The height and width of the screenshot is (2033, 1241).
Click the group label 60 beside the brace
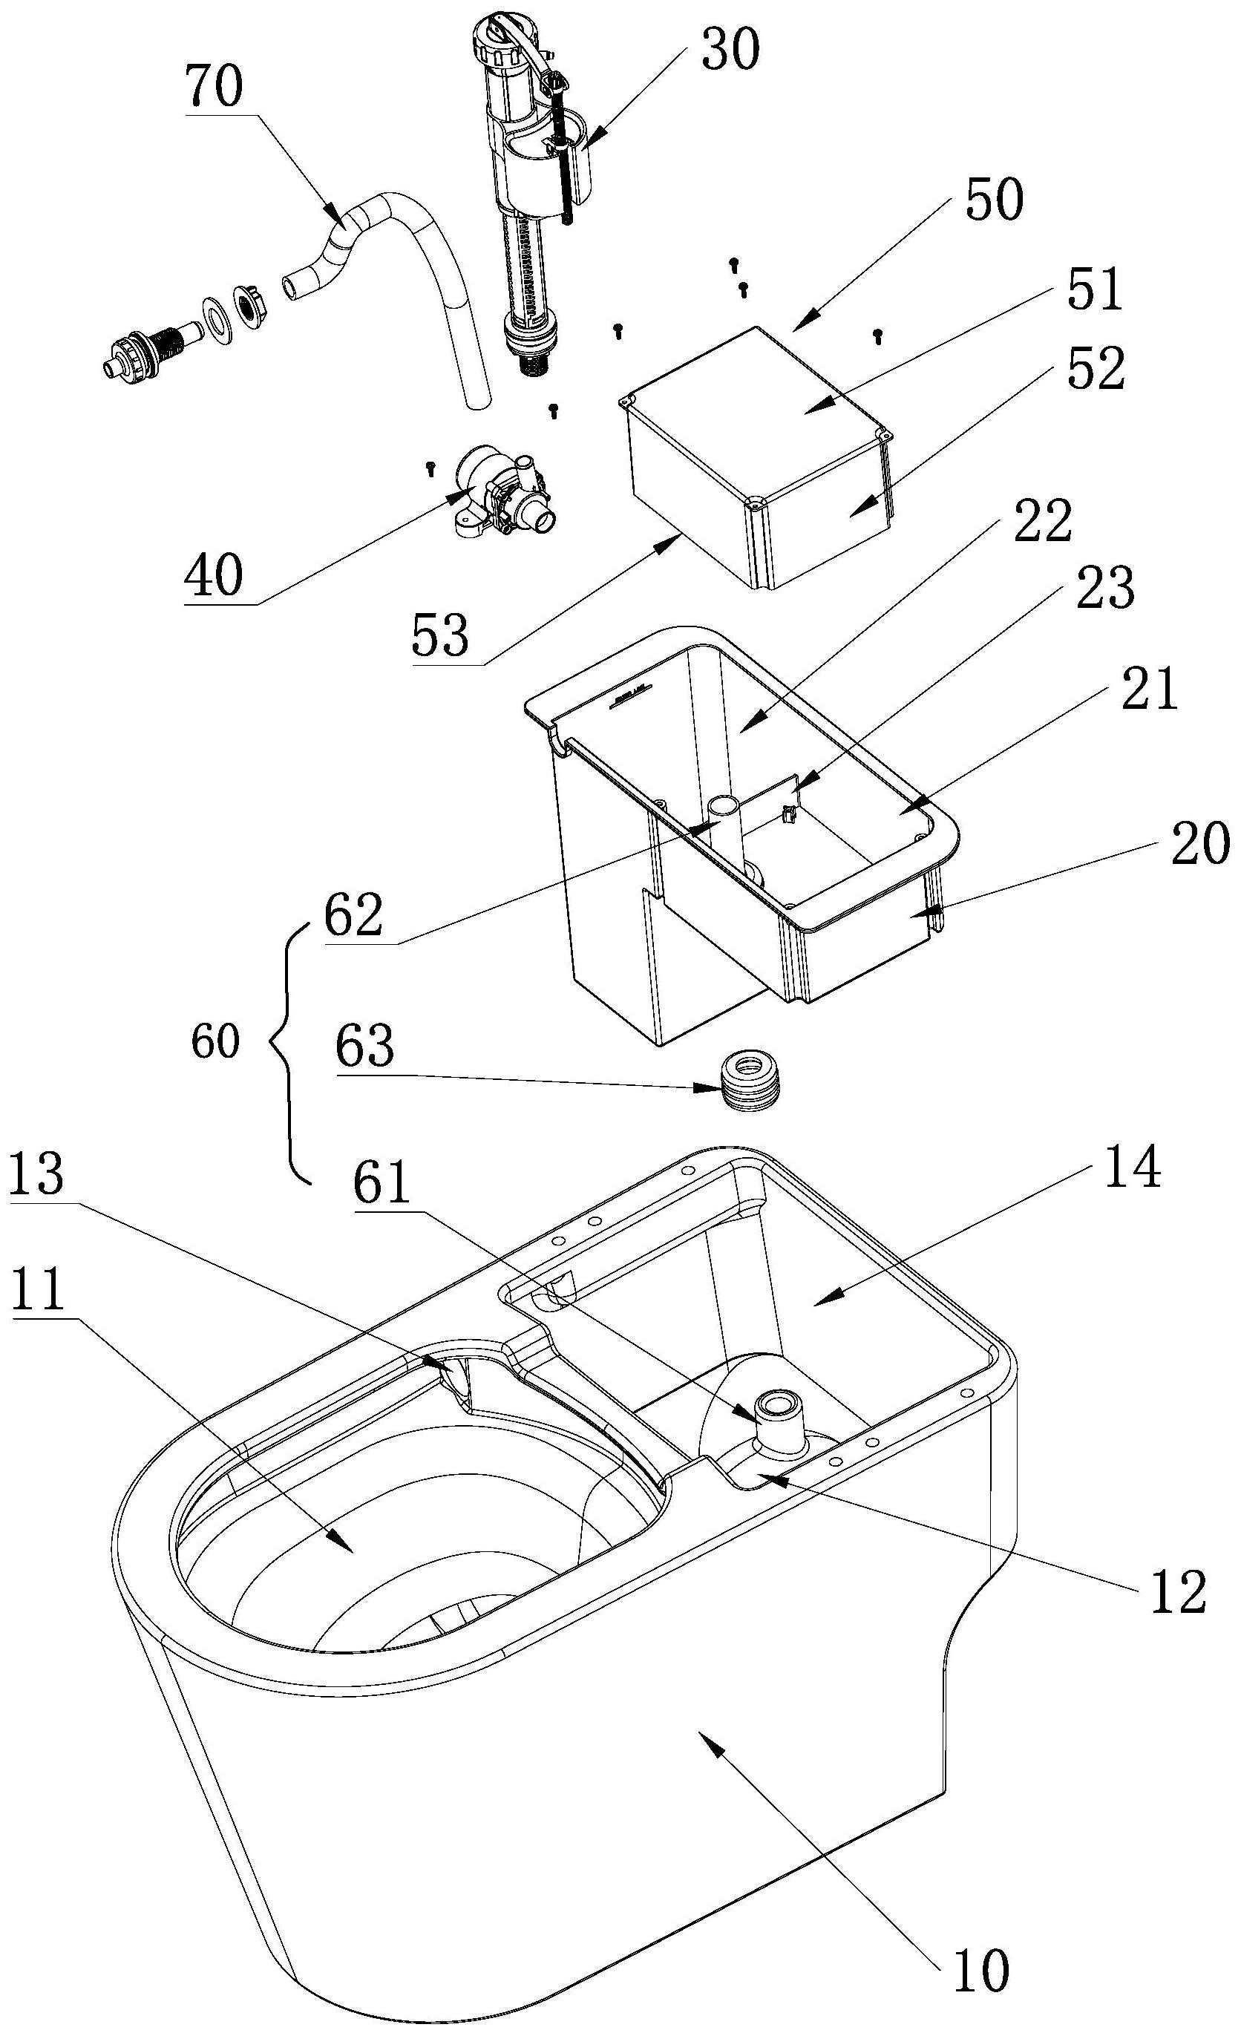tap(216, 1041)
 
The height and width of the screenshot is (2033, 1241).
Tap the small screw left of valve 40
tap(429, 468)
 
